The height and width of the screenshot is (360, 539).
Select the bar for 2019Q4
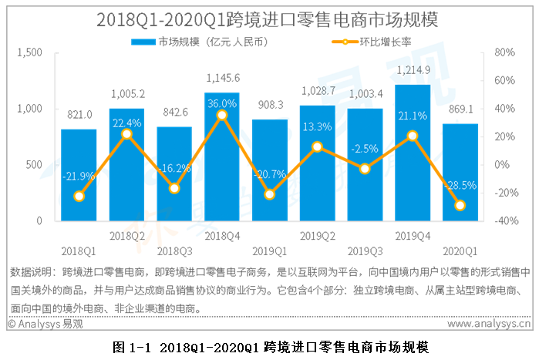pyautogui.click(x=413, y=154)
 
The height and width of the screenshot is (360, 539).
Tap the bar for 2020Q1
pyautogui.click(x=460, y=173)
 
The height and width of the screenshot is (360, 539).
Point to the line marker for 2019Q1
pyautogui.click(x=269, y=194)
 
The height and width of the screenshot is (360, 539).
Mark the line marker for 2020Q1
pyautogui.click(x=460, y=205)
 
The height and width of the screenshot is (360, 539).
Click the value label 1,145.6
pyautogui.click(x=222, y=78)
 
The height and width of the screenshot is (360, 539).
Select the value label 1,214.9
pyautogui.click(x=413, y=70)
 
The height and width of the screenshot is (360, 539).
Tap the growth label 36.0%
pyautogui.click(x=222, y=103)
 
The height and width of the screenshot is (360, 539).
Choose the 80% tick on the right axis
pyautogui.click(x=503, y=52)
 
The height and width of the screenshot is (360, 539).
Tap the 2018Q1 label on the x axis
pyautogui.click(x=79, y=251)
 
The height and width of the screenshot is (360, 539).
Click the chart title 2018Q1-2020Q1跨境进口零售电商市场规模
pyautogui.click(x=269, y=19)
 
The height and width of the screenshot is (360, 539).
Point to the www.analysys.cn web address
pyautogui.click(x=484, y=325)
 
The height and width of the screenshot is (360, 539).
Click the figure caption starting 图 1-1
pyautogui.click(x=269, y=346)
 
